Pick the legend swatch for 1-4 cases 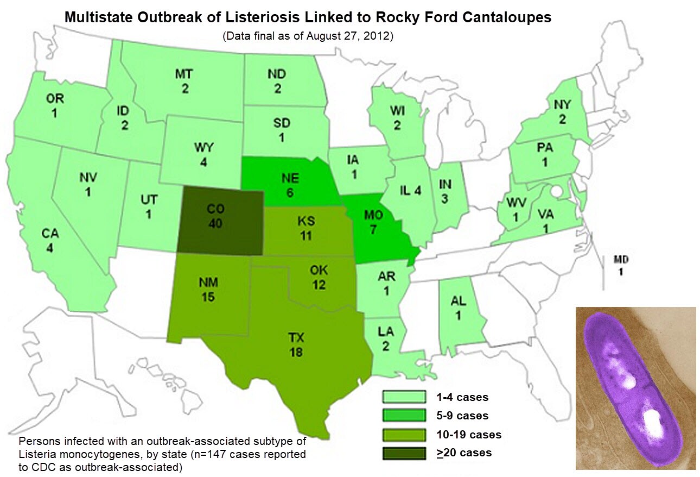click(404, 397)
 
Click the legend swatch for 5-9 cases click(404, 416)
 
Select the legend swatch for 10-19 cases click(404, 434)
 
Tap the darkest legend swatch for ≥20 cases click(404, 453)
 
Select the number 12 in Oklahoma click(318, 284)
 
